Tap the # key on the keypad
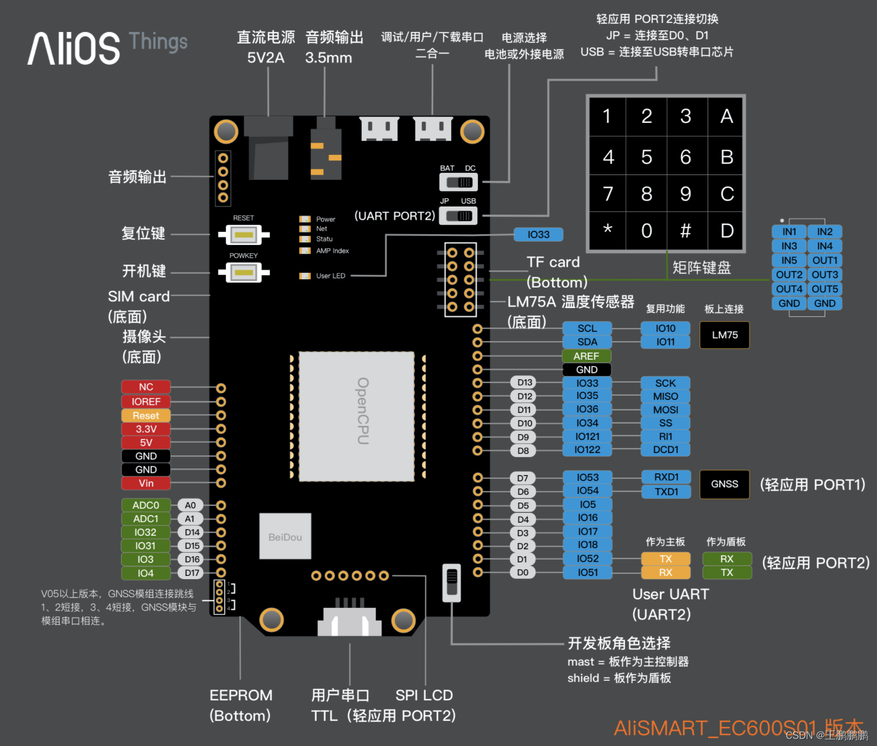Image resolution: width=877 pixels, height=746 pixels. pyautogui.click(x=686, y=231)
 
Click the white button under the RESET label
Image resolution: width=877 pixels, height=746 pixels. pyautogui.click(x=244, y=235)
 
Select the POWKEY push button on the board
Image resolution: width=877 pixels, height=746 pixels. pyautogui.click(x=244, y=272)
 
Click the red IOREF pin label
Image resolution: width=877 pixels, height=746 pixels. pyautogui.click(x=146, y=402)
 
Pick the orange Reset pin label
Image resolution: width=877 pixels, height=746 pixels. pyautogui.click(x=146, y=416)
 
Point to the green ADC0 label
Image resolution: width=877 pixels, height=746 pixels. pyautogui.click(x=146, y=505)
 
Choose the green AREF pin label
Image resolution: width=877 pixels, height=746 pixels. pyautogui.click(x=586, y=356)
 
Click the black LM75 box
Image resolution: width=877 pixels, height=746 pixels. pyautogui.click(x=724, y=335)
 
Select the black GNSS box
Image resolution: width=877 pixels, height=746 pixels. pyautogui.click(x=724, y=484)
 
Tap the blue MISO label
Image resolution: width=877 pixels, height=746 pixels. pyautogui.click(x=665, y=396)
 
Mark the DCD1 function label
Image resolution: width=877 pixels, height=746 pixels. pyautogui.click(x=665, y=450)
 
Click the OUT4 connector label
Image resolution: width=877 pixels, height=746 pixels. pyautogui.click(x=788, y=289)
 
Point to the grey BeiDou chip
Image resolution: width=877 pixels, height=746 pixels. pyautogui.click(x=285, y=537)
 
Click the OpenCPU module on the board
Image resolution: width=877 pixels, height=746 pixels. pyautogui.click(x=357, y=416)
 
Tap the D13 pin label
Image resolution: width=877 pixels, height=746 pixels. pyautogui.click(x=525, y=383)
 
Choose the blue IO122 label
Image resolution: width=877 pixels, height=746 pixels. pyautogui.click(x=588, y=450)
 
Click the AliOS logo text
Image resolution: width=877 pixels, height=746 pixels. pyautogui.click(x=74, y=48)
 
